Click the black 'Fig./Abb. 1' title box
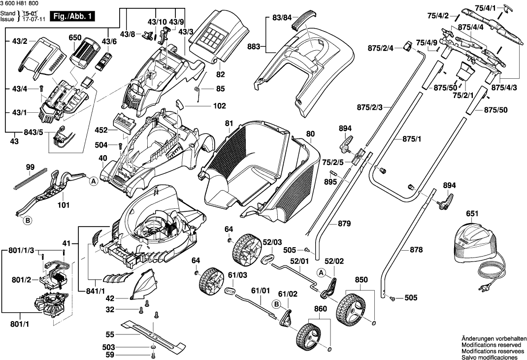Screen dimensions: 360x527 click(73, 16)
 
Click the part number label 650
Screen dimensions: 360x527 click(75, 38)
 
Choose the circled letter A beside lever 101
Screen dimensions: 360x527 click(93, 181)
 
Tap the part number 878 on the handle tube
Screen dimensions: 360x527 click(416, 250)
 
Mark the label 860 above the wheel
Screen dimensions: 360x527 click(320, 309)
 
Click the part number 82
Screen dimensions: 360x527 click(220, 74)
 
